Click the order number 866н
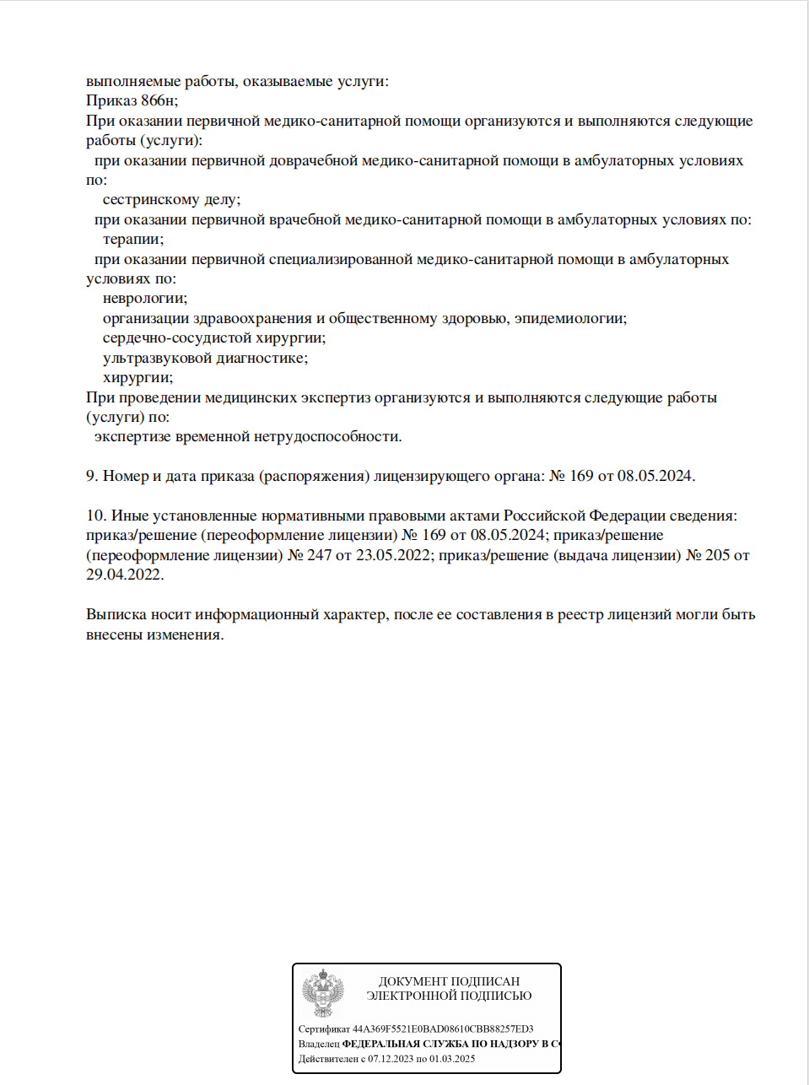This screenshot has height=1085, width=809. pyautogui.click(x=159, y=101)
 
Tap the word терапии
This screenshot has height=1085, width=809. pyautogui.click(x=132, y=240)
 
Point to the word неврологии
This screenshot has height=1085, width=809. pyautogui.click(x=144, y=299)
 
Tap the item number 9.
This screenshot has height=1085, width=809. pyautogui.click(x=92, y=477)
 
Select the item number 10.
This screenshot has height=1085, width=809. pyautogui.click(x=95, y=516)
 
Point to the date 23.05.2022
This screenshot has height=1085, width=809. pyautogui.click(x=395, y=556)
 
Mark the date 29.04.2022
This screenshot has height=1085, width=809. pyautogui.click(x=124, y=575)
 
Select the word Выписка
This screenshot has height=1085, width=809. pyautogui.click(x=116, y=615)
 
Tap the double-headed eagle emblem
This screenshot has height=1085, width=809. pyautogui.click(x=323, y=993)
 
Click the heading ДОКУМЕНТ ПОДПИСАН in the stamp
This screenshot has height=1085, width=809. pyautogui.click(x=449, y=981)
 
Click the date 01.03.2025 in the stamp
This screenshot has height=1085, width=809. pyautogui.click(x=452, y=1059)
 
